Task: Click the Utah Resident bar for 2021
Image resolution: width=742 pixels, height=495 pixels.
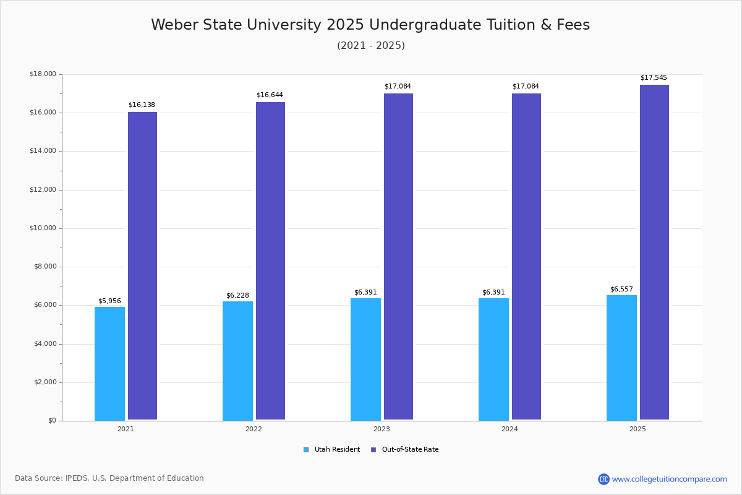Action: (x=109, y=364)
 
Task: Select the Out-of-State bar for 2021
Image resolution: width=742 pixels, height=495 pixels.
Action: (x=142, y=266)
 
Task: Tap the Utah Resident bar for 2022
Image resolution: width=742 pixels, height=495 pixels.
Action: (x=237, y=361)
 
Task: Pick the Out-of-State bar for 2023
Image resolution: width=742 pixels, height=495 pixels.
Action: (x=398, y=257)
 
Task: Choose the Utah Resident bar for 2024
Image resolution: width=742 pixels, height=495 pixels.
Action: (x=493, y=359)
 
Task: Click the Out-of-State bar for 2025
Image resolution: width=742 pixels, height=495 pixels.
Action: (x=654, y=252)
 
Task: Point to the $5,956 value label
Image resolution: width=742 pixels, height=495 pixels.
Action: (x=109, y=301)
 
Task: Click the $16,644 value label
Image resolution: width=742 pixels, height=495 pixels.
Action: (x=270, y=95)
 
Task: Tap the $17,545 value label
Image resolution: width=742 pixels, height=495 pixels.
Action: (x=654, y=78)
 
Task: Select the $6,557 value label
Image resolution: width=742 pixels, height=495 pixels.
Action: (x=621, y=290)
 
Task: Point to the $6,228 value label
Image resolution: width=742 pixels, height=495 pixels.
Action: (x=237, y=296)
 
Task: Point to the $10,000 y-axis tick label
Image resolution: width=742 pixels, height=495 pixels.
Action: (x=43, y=228)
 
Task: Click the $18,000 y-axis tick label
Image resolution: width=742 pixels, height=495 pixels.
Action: (x=43, y=74)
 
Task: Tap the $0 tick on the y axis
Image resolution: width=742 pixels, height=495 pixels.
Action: (x=51, y=421)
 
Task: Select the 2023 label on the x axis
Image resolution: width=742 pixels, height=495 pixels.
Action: (x=382, y=429)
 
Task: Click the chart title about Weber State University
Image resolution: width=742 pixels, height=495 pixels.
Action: (x=370, y=25)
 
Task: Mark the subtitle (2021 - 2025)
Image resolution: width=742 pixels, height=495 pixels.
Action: (x=370, y=46)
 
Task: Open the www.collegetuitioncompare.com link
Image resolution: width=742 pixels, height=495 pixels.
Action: (x=669, y=479)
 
